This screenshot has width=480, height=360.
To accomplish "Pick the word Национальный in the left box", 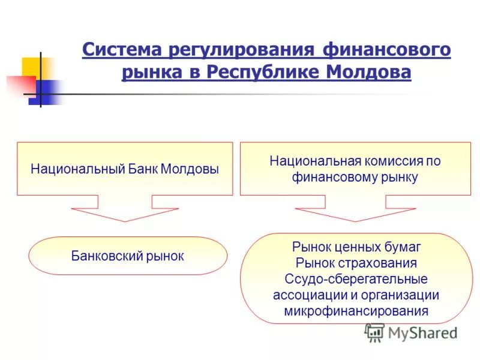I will (x=77, y=169).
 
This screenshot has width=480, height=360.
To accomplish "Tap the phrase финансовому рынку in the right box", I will (x=355, y=177).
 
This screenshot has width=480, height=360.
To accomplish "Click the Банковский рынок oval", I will (x=128, y=256).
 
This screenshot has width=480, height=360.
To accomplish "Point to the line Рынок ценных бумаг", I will (x=356, y=247).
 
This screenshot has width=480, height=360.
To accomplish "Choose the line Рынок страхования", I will (x=356, y=263).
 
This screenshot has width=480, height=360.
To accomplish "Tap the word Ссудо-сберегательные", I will (x=356, y=279).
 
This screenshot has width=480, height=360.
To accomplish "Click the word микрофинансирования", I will (x=356, y=311).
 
